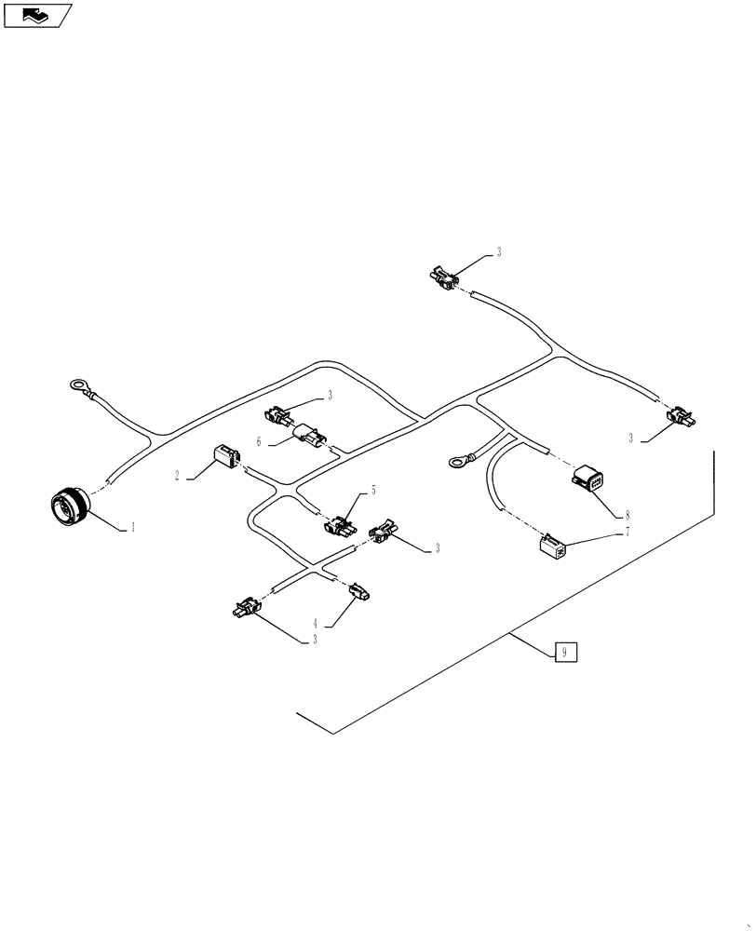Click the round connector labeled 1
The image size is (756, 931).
pyautogui.click(x=68, y=507)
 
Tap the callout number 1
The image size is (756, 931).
pyautogui.click(x=133, y=526)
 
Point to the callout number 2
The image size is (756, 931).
pyautogui.click(x=176, y=475)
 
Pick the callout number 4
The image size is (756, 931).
pyautogui.click(x=316, y=623)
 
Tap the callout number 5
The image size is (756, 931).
pyautogui.click(x=373, y=489)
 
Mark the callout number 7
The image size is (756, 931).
pyautogui.click(x=627, y=531)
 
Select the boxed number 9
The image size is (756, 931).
pyautogui.click(x=565, y=652)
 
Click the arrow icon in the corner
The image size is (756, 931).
pyautogui.click(x=37, y=14)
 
